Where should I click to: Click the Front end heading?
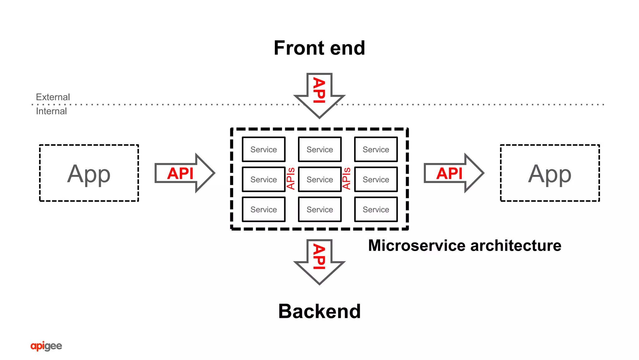319,48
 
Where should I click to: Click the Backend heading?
319,311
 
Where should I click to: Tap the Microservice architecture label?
464,245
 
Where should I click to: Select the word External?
53,97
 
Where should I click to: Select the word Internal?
51,111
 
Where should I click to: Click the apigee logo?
46,346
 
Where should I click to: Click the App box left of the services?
89,173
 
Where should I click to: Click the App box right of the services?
550,173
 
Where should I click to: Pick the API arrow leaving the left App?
184,173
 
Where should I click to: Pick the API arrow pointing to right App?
453,173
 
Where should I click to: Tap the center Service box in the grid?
319,180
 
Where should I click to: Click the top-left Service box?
264,150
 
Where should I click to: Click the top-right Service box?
376,150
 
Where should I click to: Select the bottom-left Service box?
264,210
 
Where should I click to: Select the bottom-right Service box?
376,210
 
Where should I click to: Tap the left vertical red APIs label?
291,179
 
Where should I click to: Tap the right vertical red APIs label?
347,179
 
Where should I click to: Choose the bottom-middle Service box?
319,210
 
